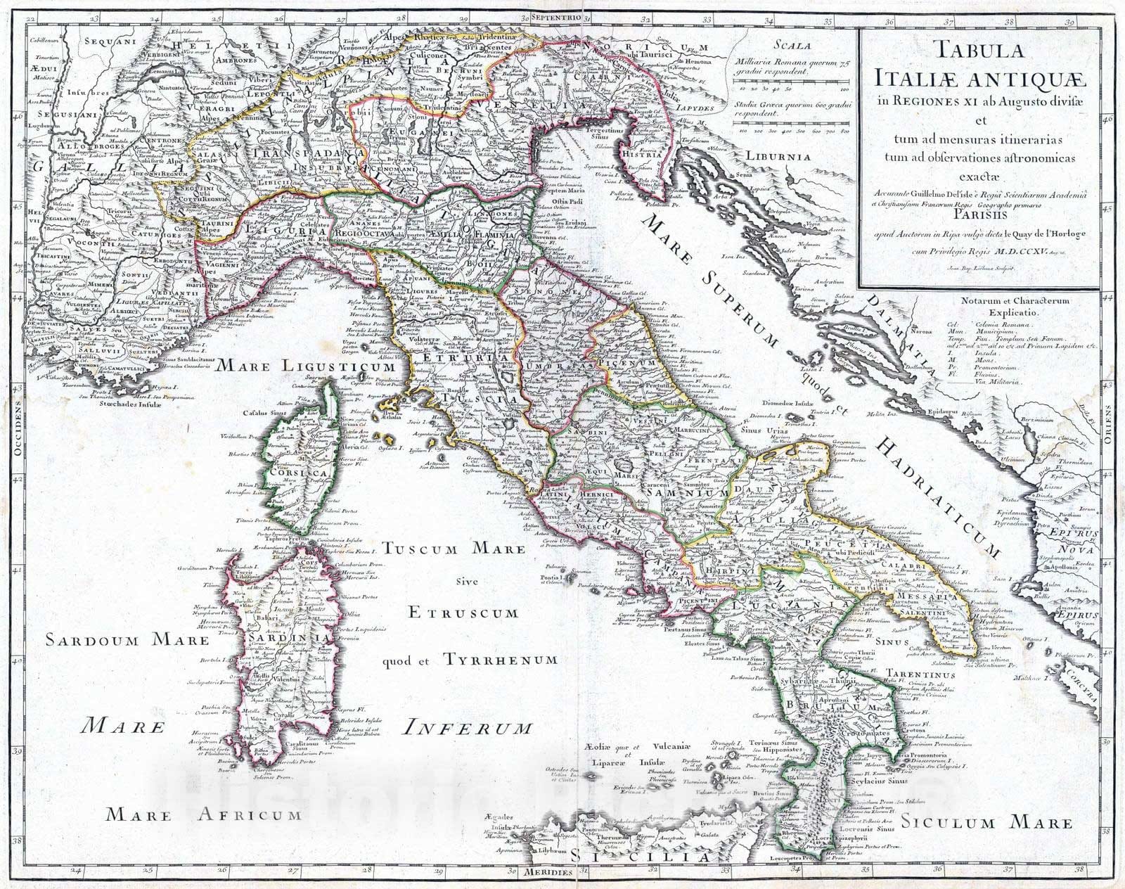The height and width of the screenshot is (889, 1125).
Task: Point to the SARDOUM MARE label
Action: pos(127,640)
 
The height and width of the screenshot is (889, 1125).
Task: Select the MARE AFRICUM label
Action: pos(204,815)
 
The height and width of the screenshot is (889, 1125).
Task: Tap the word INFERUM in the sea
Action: pos(465,727)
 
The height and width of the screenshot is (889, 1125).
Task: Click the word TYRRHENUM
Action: pos(500,660)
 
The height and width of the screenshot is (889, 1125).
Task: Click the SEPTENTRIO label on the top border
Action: pos(555,15)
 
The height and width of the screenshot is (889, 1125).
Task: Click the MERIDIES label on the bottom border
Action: pos(548,872)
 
